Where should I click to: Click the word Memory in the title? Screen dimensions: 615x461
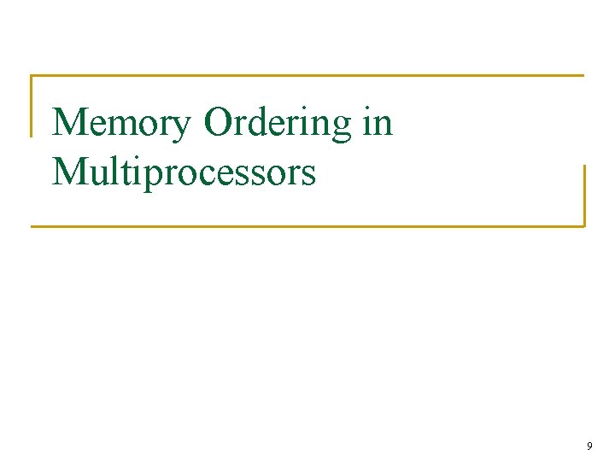pyautogui.click(x=123, y=123)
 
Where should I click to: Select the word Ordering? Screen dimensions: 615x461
pyautogui.click(x=278, y=125)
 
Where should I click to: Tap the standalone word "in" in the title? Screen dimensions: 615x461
pyautogui.click(x=378, y=123)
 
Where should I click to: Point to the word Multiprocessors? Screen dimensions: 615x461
pyautogui.click(x=184, y=172)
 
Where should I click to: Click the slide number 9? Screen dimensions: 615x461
pyautogui.click(x=589, y=446)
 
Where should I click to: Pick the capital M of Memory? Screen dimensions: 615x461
pyautogui.click(x=71, y=123)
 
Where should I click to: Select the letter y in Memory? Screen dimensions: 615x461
pyautogui.click(x=183, y=128)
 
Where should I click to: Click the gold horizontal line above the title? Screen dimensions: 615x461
pyautogui.click(x=307, y=76)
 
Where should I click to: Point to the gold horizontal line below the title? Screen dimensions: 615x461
pyautogui.click(x=307, y=226)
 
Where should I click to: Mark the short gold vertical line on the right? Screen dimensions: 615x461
pyautogui.click(x=584, y=195)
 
